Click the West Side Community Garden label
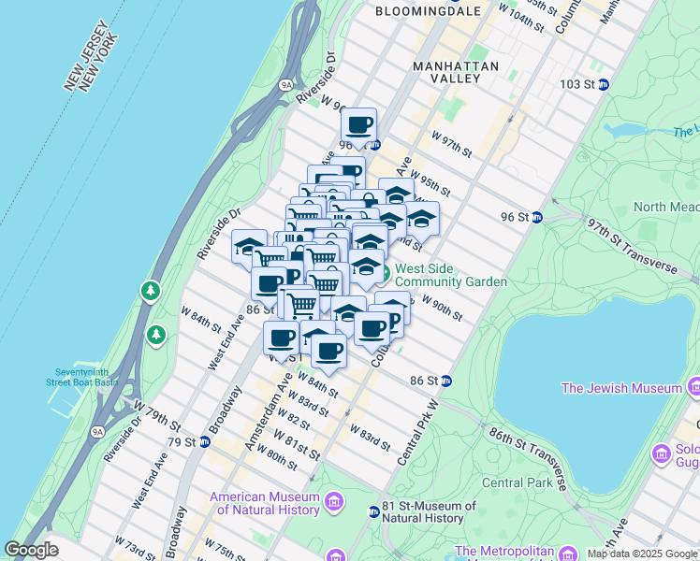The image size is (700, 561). point(450,275)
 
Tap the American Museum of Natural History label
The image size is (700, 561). point(268,504)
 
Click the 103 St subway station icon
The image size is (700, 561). point(604,84)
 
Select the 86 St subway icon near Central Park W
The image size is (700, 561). point(446,381)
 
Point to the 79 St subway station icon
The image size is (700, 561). point(203,441)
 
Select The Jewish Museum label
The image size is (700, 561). point(621,388)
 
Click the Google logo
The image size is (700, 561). point(32,550)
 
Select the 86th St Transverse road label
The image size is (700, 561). point(527,455)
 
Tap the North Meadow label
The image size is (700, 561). point(664,207)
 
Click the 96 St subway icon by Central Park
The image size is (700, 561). point(537,217)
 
